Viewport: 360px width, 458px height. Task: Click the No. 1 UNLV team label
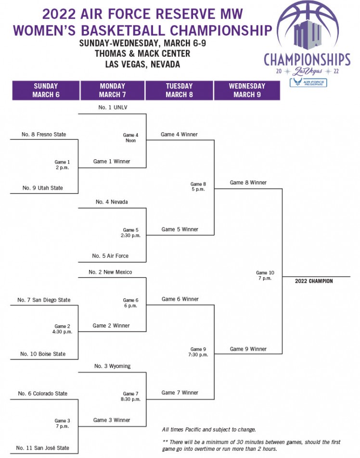[x=113, y=107]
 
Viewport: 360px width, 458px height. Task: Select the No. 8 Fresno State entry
[x=44, y=134]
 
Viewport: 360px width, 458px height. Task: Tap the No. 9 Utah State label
[x=43, y=188]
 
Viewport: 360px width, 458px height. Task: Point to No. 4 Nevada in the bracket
[x=112, y=202]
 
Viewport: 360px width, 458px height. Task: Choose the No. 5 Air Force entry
[x=110, y=256]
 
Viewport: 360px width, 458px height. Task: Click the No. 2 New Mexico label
[x=110, y=272]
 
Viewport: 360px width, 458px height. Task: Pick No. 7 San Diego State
[x=44, y=300]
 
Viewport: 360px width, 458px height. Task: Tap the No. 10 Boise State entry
[x=43, y=354]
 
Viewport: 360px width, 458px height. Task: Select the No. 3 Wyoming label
[x=112, y=366]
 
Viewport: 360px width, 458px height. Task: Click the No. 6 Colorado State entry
[x=43, y=394]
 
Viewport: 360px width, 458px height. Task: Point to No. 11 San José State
[x=43, y=448]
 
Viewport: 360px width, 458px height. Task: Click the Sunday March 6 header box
[x=46, y=90]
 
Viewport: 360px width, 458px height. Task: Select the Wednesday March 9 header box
[x=247, y=90]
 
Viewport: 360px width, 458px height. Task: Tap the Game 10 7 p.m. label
[x=265, y=276]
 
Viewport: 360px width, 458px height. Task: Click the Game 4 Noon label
[x=130, y=138]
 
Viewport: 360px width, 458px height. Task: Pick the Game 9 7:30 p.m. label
[x=198, y=352]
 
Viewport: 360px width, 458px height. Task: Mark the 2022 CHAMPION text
[x=314, y=281]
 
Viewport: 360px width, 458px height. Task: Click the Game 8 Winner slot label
[x=248, y=182]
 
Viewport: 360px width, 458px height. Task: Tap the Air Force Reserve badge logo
[x=309, y=83]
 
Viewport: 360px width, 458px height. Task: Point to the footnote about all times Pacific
[x=209, y=429]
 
